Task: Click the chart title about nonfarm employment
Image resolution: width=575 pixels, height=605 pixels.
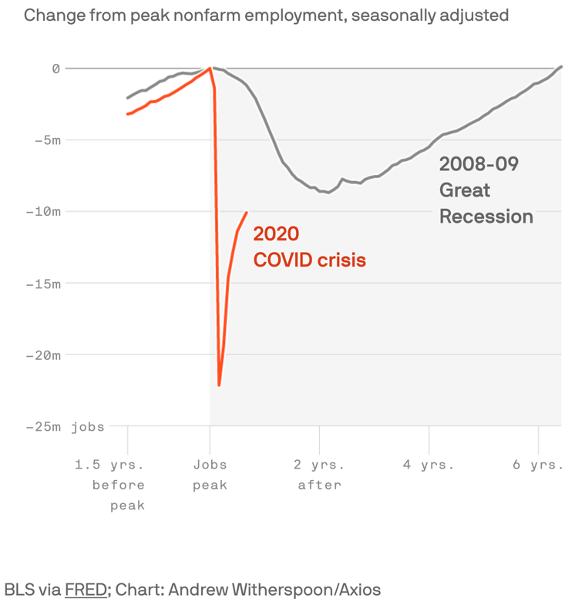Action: [266, 15]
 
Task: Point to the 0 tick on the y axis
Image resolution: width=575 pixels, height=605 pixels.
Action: [55, 69]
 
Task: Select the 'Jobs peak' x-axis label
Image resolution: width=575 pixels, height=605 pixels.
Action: [210, 475]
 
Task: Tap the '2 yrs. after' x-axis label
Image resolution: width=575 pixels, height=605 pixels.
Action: [320, 475]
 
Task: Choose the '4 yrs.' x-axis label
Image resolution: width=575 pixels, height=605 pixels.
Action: [429, 465]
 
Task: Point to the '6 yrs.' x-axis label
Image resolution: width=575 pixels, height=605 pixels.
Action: [539, 465]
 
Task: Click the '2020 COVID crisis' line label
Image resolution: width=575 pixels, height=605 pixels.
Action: [309, 247]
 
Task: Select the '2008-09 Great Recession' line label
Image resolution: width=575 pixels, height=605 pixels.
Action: [486, 190]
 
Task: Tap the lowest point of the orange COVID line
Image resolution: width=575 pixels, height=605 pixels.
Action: [219, 385]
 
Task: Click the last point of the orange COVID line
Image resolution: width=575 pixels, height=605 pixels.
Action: [247, 213]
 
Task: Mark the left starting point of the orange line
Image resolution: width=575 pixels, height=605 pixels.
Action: [127, 114]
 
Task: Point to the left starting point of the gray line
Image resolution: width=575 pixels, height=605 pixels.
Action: [127, 98]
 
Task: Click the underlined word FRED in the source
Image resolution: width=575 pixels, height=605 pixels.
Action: [86, 590]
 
